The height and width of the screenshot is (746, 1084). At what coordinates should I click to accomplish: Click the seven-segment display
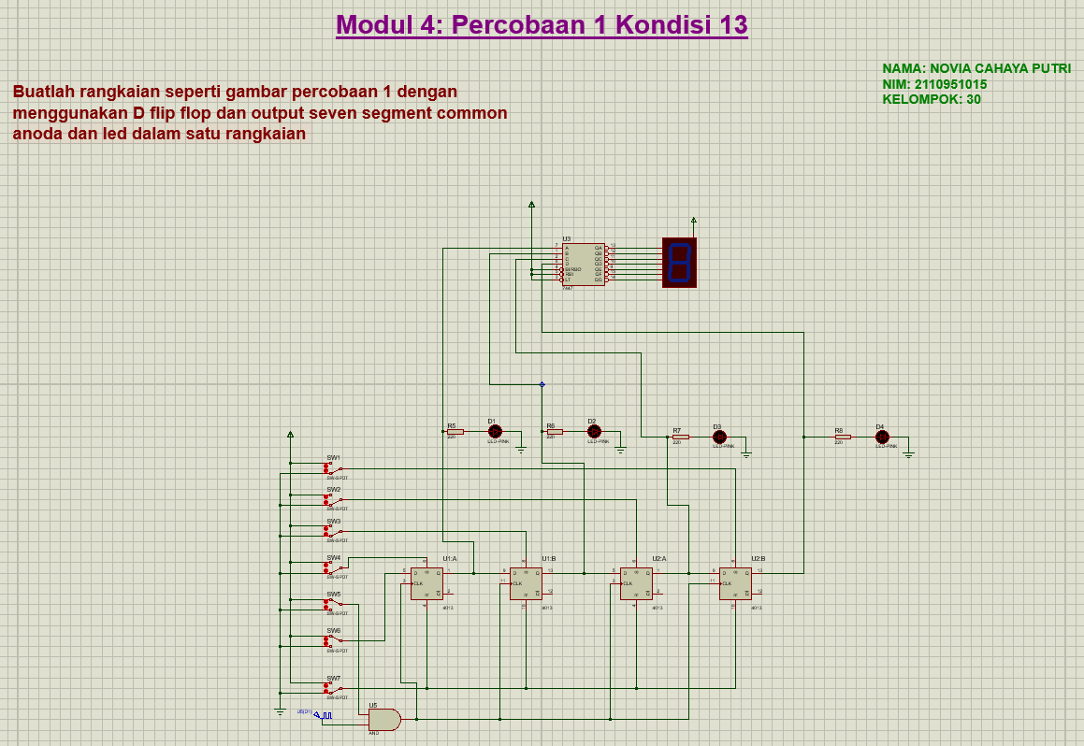coord(679,262)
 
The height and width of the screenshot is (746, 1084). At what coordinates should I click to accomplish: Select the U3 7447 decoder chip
coord(584,265)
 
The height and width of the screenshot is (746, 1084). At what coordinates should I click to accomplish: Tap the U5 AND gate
coord(384,719)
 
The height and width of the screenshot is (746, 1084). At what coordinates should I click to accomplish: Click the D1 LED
coord(495,431)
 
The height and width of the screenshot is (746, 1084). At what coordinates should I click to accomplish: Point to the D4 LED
coord(881,437)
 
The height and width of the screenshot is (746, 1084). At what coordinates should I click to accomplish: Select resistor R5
coord(455,431)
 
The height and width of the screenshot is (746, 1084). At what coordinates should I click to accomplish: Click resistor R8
coord(842,437)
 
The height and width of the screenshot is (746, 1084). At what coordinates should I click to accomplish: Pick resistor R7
coord(680,437)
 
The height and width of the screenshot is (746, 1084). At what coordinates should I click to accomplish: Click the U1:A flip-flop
coord(426,583)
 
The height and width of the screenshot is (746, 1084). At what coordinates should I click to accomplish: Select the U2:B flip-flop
coord(735,583)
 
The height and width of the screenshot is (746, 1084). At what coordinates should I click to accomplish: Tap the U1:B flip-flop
coord(526,583)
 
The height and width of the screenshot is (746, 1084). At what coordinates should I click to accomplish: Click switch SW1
coord(334,467)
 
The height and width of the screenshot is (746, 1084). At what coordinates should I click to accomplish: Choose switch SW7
coord(334,688)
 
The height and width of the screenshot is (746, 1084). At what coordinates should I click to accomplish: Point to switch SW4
coord(334,567)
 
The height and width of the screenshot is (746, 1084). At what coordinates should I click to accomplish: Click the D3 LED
coord(719,437)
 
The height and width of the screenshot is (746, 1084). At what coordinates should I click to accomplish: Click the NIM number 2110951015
coord(934,84)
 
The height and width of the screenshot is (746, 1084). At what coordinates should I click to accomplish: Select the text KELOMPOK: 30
coord(932,99)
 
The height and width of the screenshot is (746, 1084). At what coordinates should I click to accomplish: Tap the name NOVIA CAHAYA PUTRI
coord(976,68)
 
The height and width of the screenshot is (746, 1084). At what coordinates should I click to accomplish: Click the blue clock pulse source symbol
coord(324,715)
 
